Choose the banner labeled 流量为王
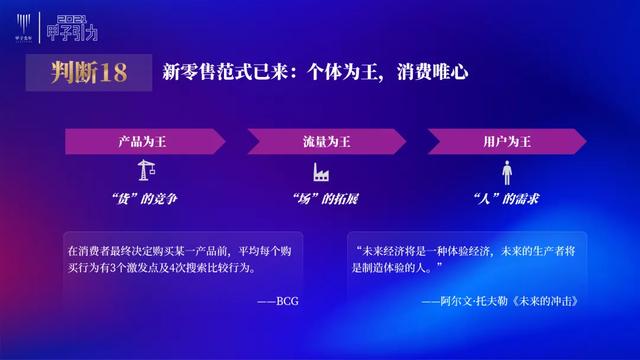[x=321, y=142]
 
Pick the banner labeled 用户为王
[x=506, y=142]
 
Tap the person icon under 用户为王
[x=506, y=172]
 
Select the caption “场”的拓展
[x=323, y=198]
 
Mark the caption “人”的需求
[x=506, y=198]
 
